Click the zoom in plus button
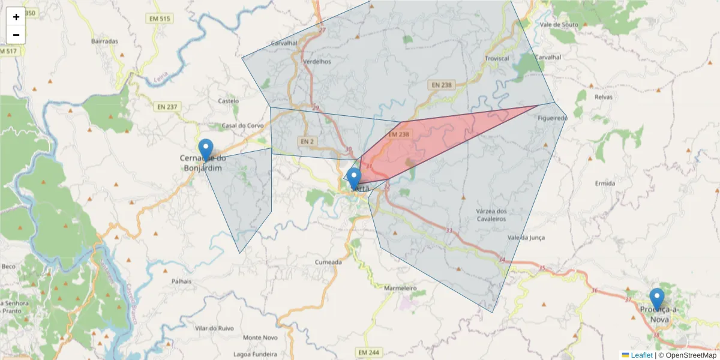click(16, 17)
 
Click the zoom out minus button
click(16, 35)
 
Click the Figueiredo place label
click(553, 118)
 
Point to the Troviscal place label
click(496, 58)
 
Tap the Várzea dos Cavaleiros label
click(491, 215)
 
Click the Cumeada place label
click(328, 262)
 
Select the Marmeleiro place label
click(400, 288)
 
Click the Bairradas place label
click(104, 41)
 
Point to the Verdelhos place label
click(317, 61)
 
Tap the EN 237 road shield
click(167, 107)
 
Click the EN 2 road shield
click(307, 142)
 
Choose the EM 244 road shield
click(368, 352)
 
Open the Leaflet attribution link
click(641, 355)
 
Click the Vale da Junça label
click(526, 238)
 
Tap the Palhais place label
click(181, 281)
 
